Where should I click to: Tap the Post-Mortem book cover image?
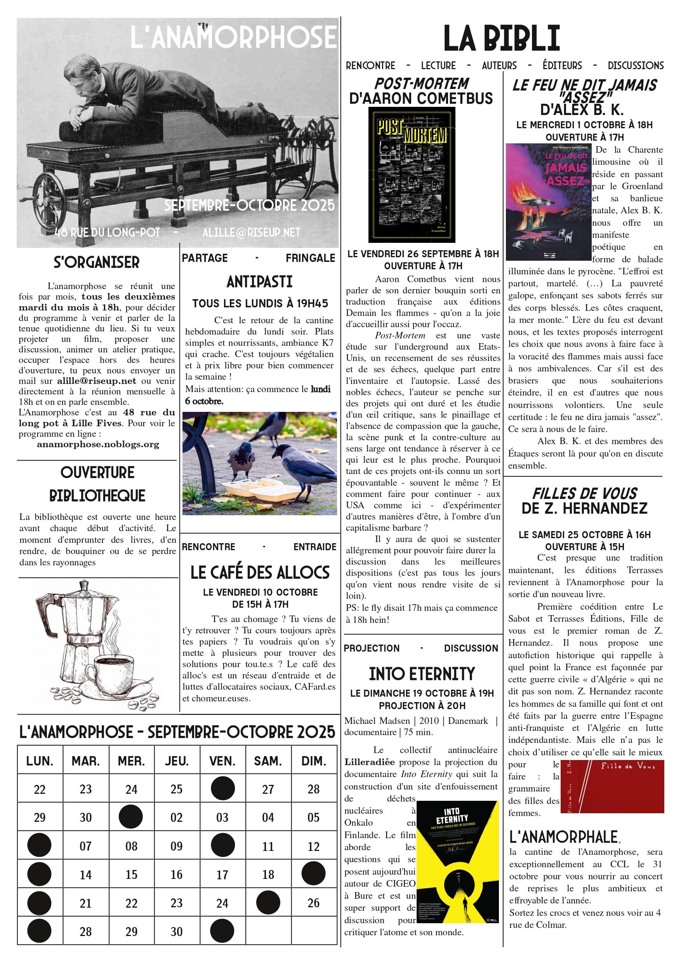coord(412,175)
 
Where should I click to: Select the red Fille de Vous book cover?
coord(618,786)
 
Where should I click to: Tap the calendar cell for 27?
coord(268,789)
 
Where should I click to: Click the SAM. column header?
coord(268,761)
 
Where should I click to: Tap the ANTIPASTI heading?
coord(259,282)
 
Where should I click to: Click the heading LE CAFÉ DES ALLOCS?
coord(260,573)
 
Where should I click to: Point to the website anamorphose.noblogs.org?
coord(98,444)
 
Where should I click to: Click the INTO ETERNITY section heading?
coord(422,673)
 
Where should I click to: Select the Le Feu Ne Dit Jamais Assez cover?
coord(548,202)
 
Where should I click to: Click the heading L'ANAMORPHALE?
coord(563,837)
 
